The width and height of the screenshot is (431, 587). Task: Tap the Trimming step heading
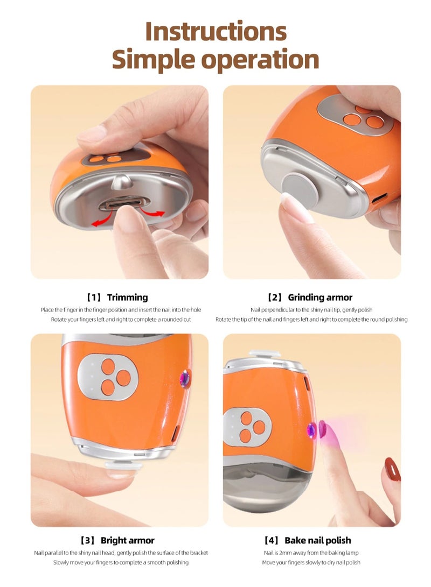tap(127, 298)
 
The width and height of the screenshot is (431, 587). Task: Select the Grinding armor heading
tap(320, 298)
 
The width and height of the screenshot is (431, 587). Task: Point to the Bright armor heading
tap(127, 540)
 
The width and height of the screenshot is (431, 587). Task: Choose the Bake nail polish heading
tap(317, 540)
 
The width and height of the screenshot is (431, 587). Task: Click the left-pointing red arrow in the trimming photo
tap(100, 221)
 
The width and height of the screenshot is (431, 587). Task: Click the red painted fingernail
tap(391, 470)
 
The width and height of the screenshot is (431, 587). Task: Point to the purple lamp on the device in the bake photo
tap(311, 430)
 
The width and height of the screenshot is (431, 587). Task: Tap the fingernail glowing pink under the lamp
tap(323, 429)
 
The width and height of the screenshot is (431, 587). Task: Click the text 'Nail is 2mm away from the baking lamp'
tap(311, 553)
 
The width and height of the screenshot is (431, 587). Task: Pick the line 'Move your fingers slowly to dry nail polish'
tap(311, 562)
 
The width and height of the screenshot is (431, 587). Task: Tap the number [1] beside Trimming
tap(94, 298)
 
